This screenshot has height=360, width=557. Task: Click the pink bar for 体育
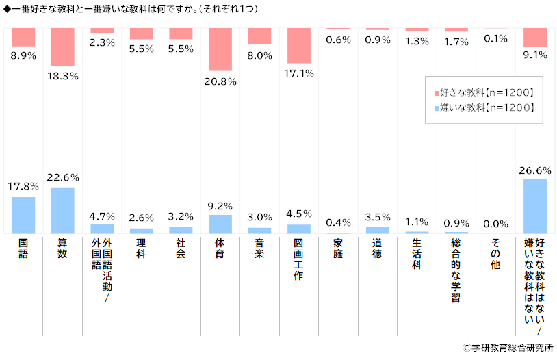tap(220, 49)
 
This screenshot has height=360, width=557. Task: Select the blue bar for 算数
tap(62, 210)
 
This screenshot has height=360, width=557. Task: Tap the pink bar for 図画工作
tap(299, 45)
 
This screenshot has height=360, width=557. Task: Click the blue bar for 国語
tap(23, 215)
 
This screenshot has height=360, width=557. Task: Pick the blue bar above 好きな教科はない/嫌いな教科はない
tap(535, 206)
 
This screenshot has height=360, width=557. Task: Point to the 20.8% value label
tap(220, 81)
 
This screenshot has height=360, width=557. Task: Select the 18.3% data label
tap(62, 76)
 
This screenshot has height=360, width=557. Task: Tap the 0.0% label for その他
tap(495, 223)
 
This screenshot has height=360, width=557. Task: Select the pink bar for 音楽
tap(260, 36)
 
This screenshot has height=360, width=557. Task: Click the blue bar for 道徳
tap(377, 230)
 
